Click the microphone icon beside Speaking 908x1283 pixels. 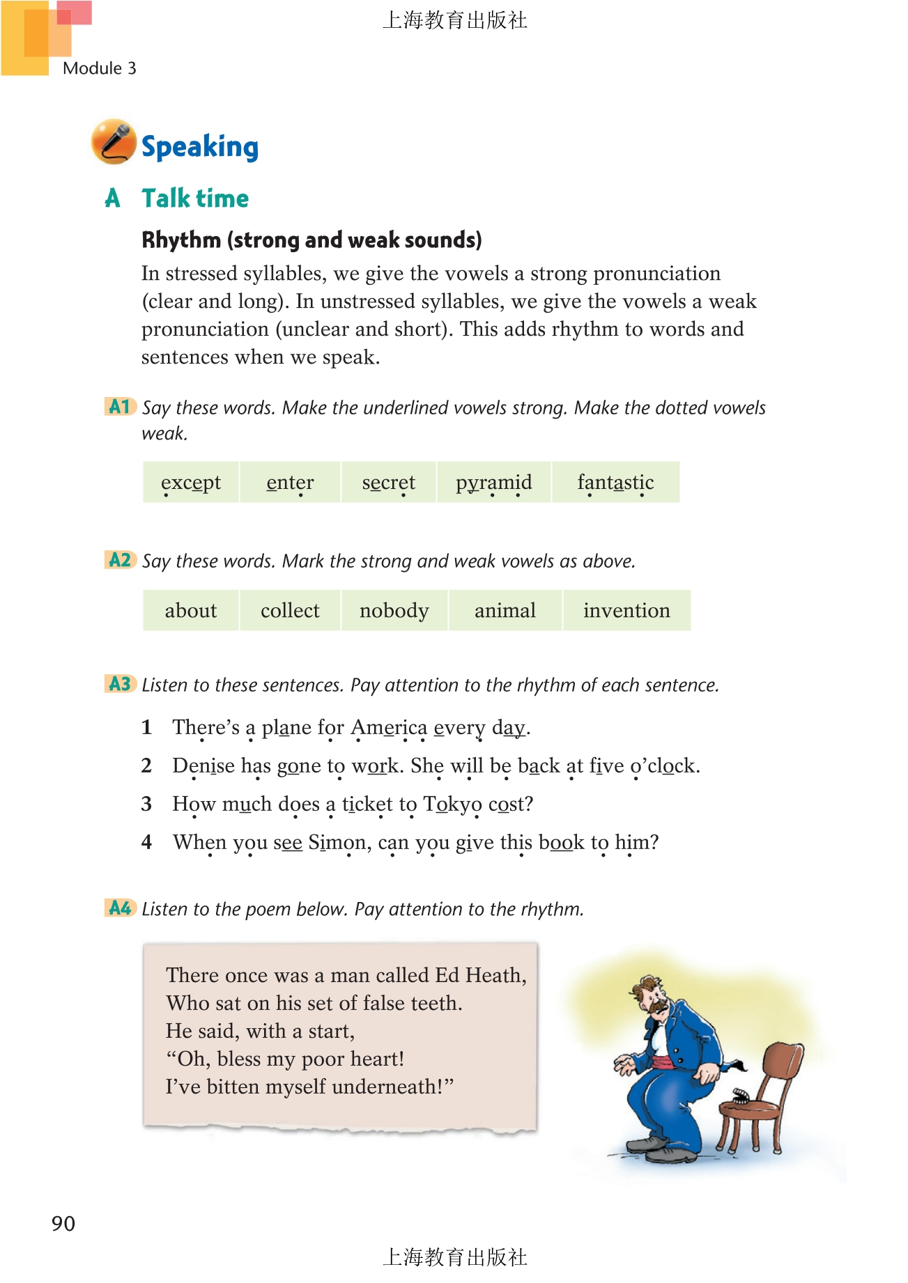[113, 141]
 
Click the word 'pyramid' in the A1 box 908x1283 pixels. [493, 482]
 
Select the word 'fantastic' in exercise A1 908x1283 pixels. [615, 482]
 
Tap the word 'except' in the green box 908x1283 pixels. [190, 482]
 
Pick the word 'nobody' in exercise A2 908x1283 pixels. [394, 611]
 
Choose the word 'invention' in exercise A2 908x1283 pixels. [626, 611]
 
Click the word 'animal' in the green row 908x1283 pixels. [505, 611]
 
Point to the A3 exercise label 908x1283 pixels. [120, 684]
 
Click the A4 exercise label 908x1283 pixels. [120, 908]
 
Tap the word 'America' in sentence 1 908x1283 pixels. [389, 727]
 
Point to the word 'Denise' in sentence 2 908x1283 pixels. [203, 765]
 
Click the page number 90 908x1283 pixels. [63, 1224]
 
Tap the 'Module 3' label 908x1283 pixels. [99, 68]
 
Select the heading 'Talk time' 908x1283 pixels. [195, 199]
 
